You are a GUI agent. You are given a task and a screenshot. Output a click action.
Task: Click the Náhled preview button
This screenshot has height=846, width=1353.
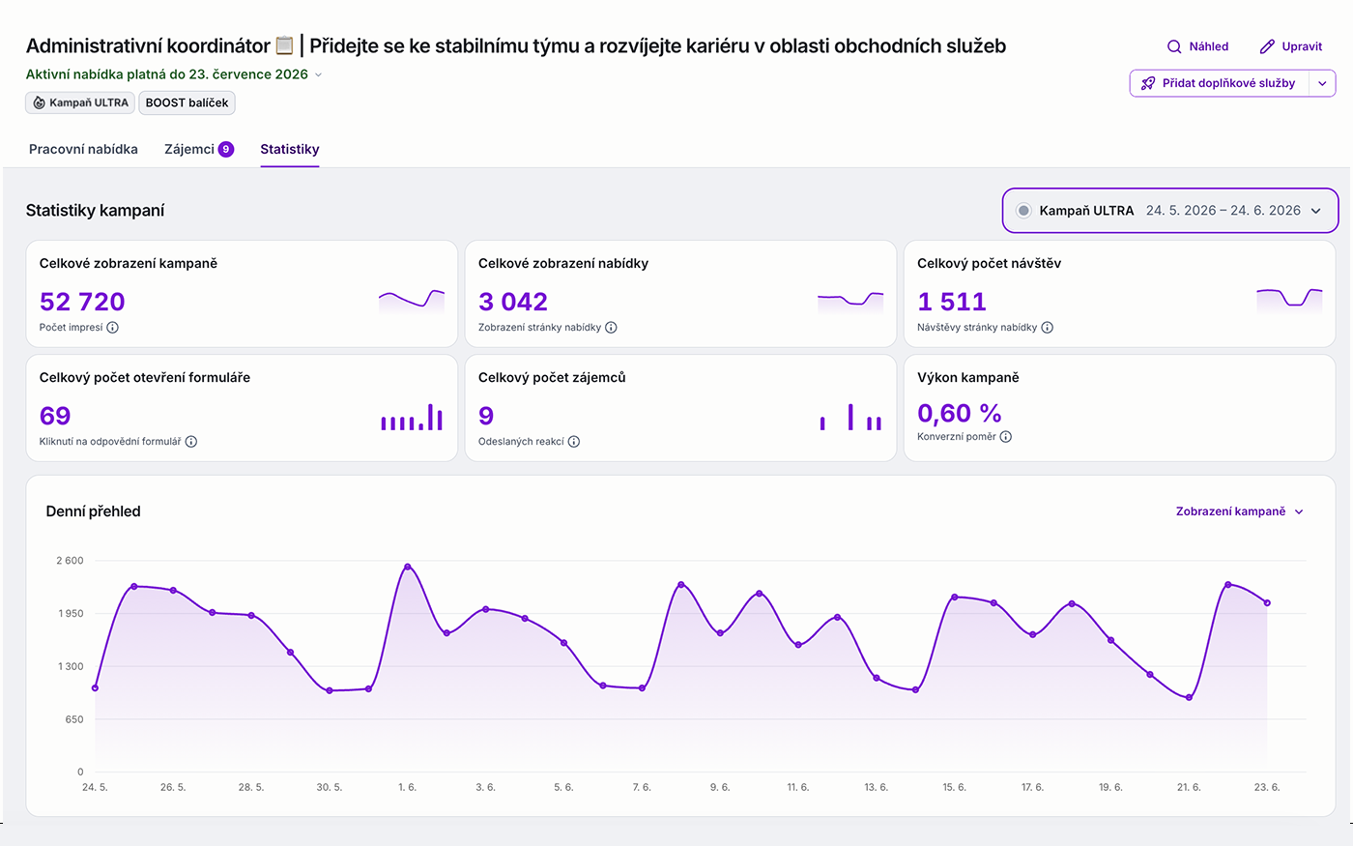click(1197, 46)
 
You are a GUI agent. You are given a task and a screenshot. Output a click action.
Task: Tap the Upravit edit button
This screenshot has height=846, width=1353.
click(1291, 46)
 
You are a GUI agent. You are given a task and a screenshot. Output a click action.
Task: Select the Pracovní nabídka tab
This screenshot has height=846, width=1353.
click(83, 149)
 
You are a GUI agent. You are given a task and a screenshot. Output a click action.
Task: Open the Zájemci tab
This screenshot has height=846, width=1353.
click(199, 149)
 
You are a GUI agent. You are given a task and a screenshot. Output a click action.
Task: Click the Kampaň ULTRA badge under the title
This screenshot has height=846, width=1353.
click(80, 102)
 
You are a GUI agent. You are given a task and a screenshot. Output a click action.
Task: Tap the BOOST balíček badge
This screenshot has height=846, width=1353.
click(187, 102)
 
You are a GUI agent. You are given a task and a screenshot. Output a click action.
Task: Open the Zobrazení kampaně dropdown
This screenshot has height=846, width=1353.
click(1239, 511)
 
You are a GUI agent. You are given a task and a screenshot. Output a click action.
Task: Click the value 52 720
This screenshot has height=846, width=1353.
click(82, 302)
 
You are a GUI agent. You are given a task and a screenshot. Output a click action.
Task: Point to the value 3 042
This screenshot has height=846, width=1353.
click(513, 302)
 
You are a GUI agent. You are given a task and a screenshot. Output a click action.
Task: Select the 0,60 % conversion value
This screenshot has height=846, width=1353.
click(959, 414)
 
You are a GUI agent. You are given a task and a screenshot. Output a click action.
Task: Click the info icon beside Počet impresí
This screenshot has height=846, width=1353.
click(112, 328)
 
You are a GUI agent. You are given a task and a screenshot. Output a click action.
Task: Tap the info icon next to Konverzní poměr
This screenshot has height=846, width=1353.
click(1006, 437)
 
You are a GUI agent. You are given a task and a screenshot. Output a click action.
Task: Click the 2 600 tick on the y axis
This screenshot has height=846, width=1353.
click(70, 560)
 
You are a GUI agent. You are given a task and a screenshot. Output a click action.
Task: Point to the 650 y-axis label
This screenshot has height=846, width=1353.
click(74, 719)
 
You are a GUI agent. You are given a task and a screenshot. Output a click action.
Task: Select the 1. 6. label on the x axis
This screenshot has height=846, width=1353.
click(407, 787)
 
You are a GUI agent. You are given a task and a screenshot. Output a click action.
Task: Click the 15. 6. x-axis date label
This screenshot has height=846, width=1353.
click(955, 787)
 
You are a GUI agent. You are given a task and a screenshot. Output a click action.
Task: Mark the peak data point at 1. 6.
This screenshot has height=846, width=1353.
click(408, 567)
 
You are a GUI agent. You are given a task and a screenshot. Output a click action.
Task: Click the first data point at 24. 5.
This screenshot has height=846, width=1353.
click(95, 687)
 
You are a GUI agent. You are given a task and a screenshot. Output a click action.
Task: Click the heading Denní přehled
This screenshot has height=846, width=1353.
click(93, 511)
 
